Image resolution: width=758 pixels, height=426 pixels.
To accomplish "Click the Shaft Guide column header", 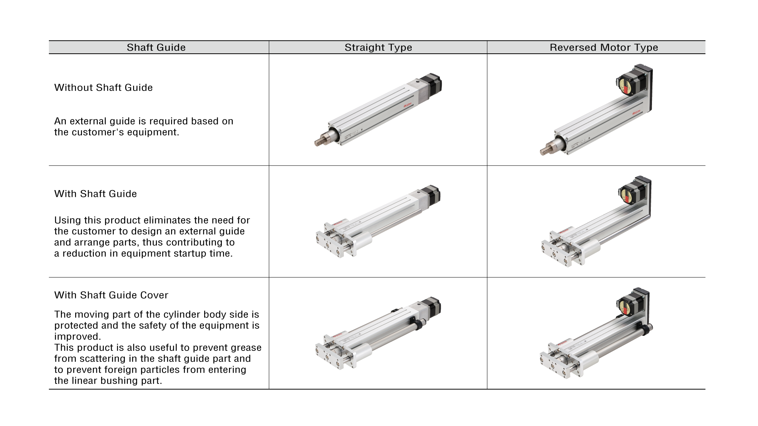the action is (156, 47).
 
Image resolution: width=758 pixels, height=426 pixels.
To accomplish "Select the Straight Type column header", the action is (378, 47).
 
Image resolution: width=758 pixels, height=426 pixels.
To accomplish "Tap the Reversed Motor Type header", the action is (604, 47).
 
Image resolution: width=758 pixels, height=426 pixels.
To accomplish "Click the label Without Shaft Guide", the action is (103, 88).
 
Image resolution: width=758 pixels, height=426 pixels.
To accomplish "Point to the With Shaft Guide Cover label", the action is (111, 295).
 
